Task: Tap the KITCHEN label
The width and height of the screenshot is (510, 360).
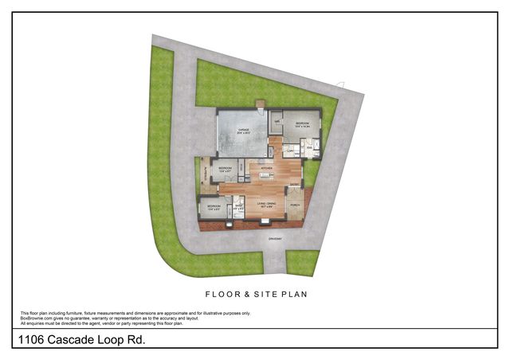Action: coord(266,168)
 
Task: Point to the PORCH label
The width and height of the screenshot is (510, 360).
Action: coord(294,205)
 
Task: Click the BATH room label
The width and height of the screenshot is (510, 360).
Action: coord(237,205)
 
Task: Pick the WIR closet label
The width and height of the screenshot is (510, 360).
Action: coord(277,122)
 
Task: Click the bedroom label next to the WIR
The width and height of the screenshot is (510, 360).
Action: coord(303,124)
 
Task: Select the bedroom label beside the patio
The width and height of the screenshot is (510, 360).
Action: coord(225,168)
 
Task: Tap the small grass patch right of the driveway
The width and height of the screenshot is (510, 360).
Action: coord(302,262)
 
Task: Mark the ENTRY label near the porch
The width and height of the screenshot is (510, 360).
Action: coord(294,186)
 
